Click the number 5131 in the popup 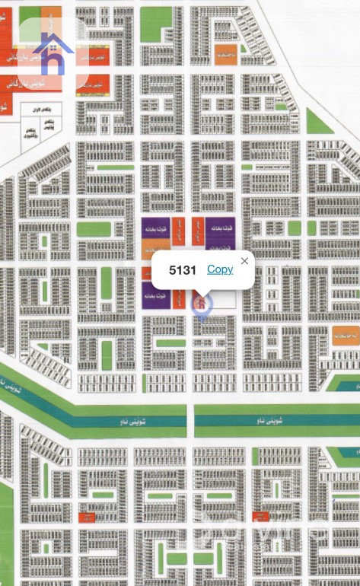pyautogui.click(x=183, y=270)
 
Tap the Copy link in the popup pyautogui.click(x=220, y=269)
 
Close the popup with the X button pyautogui.click(x=244, y=261)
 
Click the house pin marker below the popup pyautogui.click(x=201, y=304)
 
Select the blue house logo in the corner pyautogui.click(x=53, y=53)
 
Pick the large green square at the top pyautogui.click(x=157, y=25)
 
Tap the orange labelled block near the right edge pyautogui.click(x=346, y=336)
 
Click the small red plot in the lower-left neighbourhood pyautogui.click(x=88, y=518)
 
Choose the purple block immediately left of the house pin pyautogui.click(x=155, y=295)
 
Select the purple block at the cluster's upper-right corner pyautogui.click(x=219, y=229)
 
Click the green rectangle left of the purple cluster pyautogui.click(x=94, y=229)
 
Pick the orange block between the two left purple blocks pyautogui.click(x=151, y=249)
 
